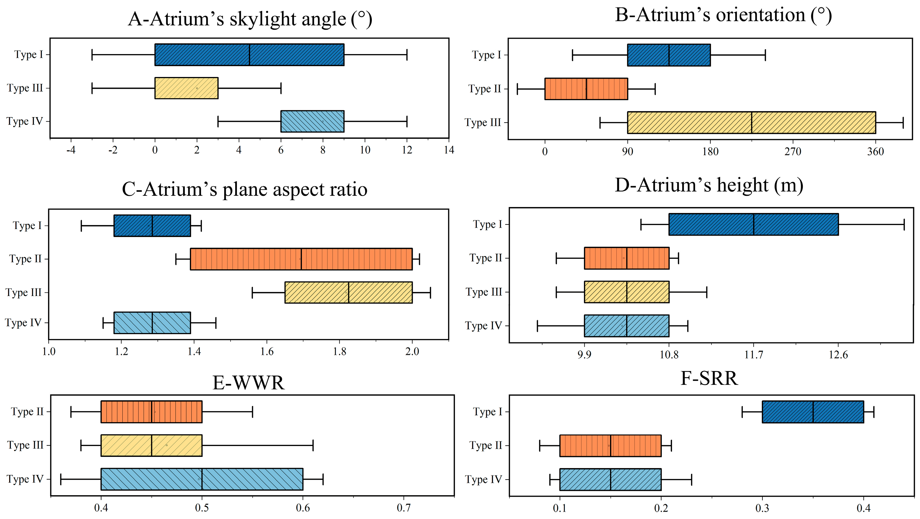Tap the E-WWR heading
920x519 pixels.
coord(249,383)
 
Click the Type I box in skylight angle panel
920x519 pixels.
coord(249,55)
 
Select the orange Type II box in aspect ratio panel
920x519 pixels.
coord(301,259)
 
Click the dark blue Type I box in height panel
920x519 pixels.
coord(753,224)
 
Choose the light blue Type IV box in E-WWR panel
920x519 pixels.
coord(202,479)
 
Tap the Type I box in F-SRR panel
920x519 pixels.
coord(813,412)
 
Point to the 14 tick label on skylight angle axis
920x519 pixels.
coord(449,150)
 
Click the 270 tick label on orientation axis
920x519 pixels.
coord(793,152)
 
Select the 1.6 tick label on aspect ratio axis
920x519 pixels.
coord(266,352)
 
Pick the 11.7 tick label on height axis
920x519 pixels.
coord(754,355)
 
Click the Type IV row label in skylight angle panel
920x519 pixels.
coord(24,121)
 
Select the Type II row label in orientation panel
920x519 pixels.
coord(485,88)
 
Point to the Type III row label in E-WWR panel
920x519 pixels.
coord(25,445)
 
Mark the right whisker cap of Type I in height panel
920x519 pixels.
coord(904,224)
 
